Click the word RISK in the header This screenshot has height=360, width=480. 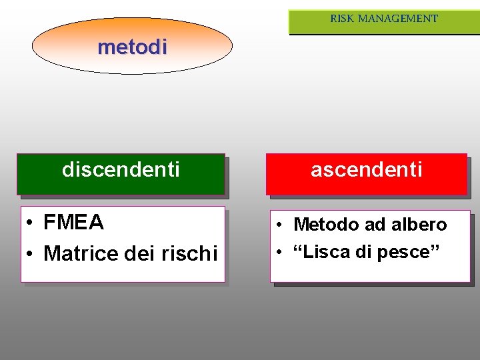342,19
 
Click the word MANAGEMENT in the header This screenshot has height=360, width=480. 398,19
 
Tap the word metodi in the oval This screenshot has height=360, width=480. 132,47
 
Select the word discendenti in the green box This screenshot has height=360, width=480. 121,170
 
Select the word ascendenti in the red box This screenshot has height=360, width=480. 367,170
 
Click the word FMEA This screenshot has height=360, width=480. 73,223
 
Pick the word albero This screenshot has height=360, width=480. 419,225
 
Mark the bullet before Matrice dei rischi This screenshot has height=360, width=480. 31,254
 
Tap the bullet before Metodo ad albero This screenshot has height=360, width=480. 283,225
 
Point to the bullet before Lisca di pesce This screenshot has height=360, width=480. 283,253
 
